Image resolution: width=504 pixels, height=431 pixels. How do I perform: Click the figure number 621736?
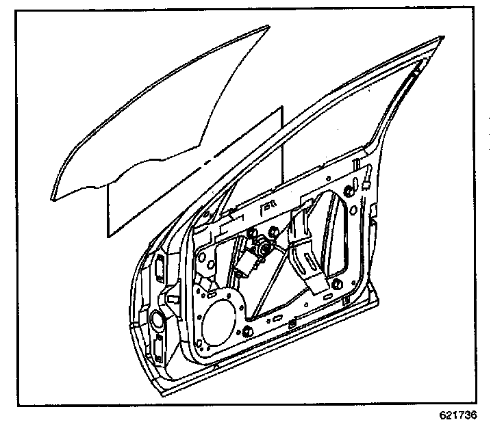(457, 415)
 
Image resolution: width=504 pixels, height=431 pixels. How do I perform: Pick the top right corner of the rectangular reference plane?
(281, 108)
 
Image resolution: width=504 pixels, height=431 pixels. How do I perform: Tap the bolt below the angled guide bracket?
(336, 286)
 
